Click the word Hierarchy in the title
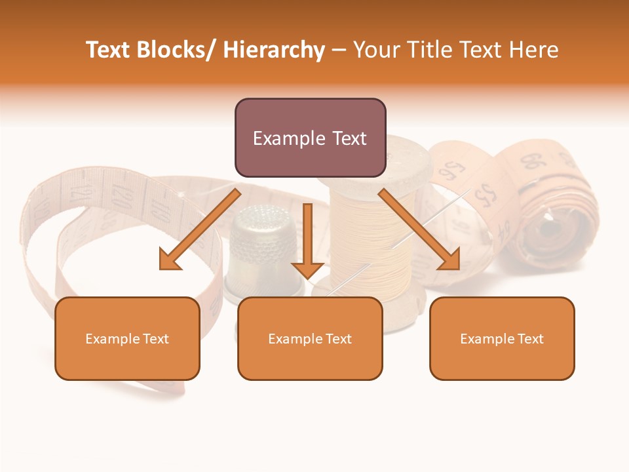(274, 50)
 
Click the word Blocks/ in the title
(177, 50)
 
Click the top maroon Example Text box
(310, 138)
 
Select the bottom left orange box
(127, 338)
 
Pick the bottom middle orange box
(310, 338)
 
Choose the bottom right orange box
(502, 338)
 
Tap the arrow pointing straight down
(307, 243)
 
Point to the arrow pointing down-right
(419, 229)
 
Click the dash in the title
(339, 50)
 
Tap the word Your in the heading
(375, 50)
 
